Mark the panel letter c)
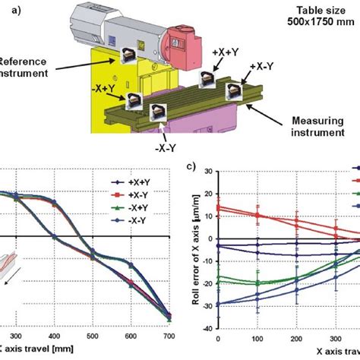[192, 165]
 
